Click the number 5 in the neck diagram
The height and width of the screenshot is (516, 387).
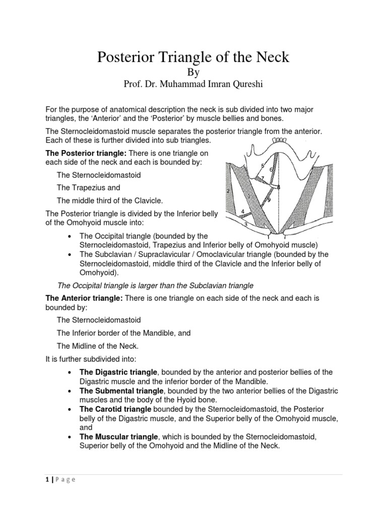[x=263, y=165]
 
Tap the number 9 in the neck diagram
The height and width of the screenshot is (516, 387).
[x=269, y=200]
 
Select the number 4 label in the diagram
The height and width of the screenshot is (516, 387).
[x=243, y=211]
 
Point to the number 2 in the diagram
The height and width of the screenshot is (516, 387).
[x=228, y=191]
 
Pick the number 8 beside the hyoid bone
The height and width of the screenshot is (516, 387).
[x=278, y=187]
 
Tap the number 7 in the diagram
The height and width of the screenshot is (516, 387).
[x=262, y=178]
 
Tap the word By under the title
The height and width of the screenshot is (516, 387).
[x=193, y=72]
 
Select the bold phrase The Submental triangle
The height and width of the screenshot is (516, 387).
[x=121, y=391]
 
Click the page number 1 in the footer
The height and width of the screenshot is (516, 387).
[x=47, y=480]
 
